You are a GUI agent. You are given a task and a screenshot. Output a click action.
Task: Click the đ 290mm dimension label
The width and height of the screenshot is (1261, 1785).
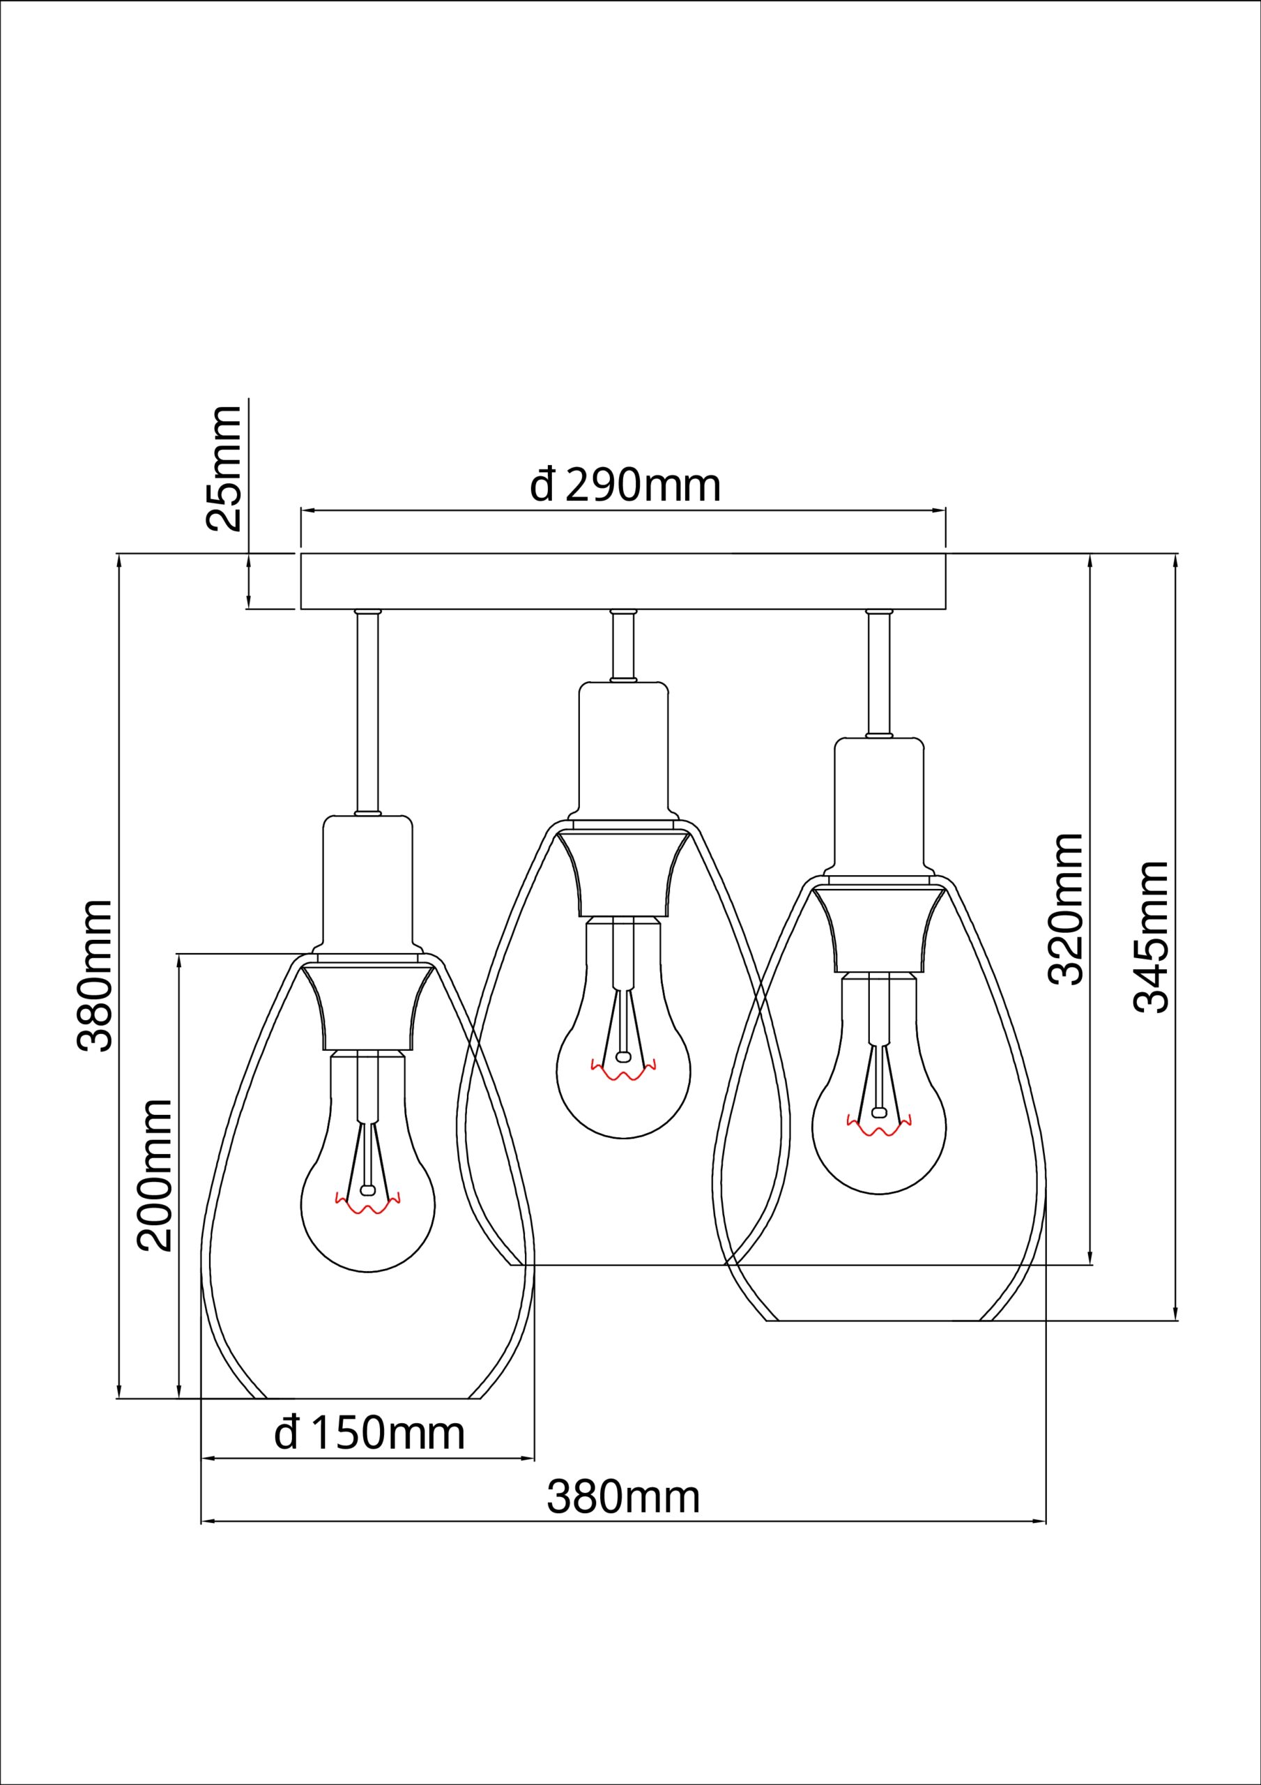tap(625, 485)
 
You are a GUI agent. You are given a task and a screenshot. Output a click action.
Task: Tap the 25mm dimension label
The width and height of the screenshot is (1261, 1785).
tap(224, 469)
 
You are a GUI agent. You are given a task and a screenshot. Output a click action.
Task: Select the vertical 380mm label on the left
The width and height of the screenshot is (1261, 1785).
tap(95, 976)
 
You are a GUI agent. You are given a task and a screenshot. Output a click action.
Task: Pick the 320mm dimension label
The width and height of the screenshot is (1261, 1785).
tap(1065, 909)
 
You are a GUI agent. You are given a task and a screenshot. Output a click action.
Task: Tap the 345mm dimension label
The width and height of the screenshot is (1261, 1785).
tap(1152, 937)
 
